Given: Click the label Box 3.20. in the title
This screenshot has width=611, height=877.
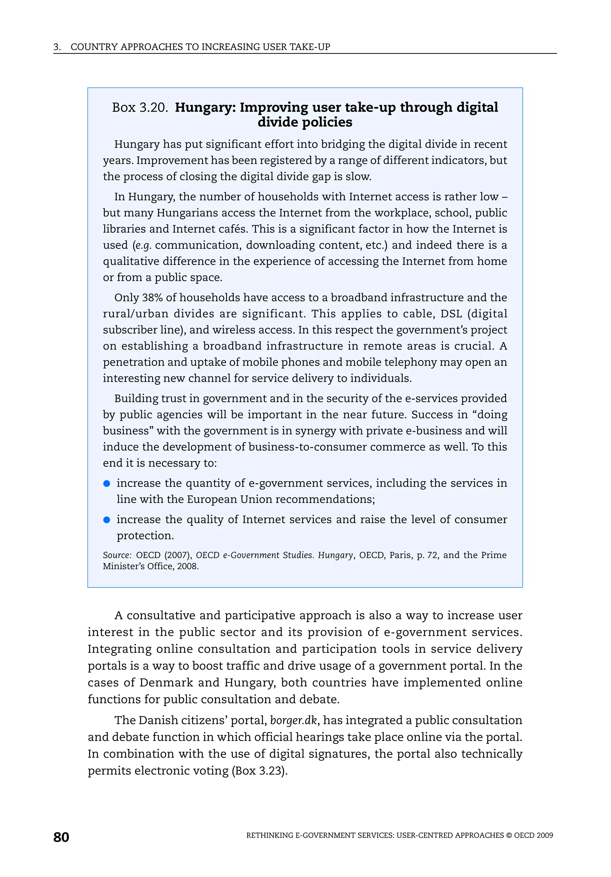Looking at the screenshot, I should (x=140, y=108).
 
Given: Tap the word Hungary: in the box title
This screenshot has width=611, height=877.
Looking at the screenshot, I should (x=206, y=108).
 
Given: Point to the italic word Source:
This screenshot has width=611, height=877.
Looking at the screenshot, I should (x=117, y=555).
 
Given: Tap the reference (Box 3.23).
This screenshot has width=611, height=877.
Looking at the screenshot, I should (x=260, y=771).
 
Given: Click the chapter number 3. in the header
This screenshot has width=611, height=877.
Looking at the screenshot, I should (x=57, y=47).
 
